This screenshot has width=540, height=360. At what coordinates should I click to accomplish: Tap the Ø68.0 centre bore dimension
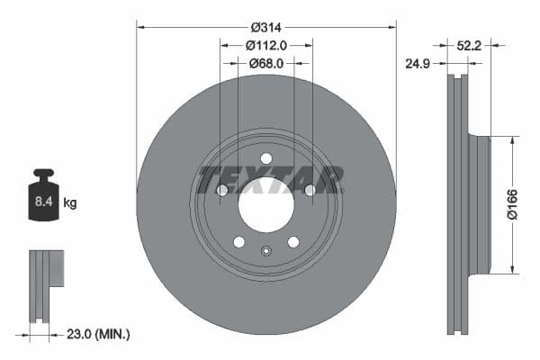click(266, 64)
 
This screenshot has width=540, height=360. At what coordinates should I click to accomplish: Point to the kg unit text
click(69, 203)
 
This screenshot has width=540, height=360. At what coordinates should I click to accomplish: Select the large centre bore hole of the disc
click(265, 208)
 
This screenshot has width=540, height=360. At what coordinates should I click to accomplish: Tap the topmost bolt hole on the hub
click(265, 158)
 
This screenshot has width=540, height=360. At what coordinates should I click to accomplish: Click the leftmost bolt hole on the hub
click(222, 190)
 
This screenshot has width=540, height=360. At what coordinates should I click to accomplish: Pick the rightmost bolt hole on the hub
click(310, 190)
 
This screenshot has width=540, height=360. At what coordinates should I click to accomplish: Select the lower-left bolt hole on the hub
click(238, 241)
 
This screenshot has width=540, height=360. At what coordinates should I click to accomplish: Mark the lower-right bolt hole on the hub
click(292, 241)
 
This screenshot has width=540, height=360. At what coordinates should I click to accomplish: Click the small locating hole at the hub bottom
click(265, 250)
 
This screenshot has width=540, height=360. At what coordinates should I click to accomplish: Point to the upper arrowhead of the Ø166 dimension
click(514, 140)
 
